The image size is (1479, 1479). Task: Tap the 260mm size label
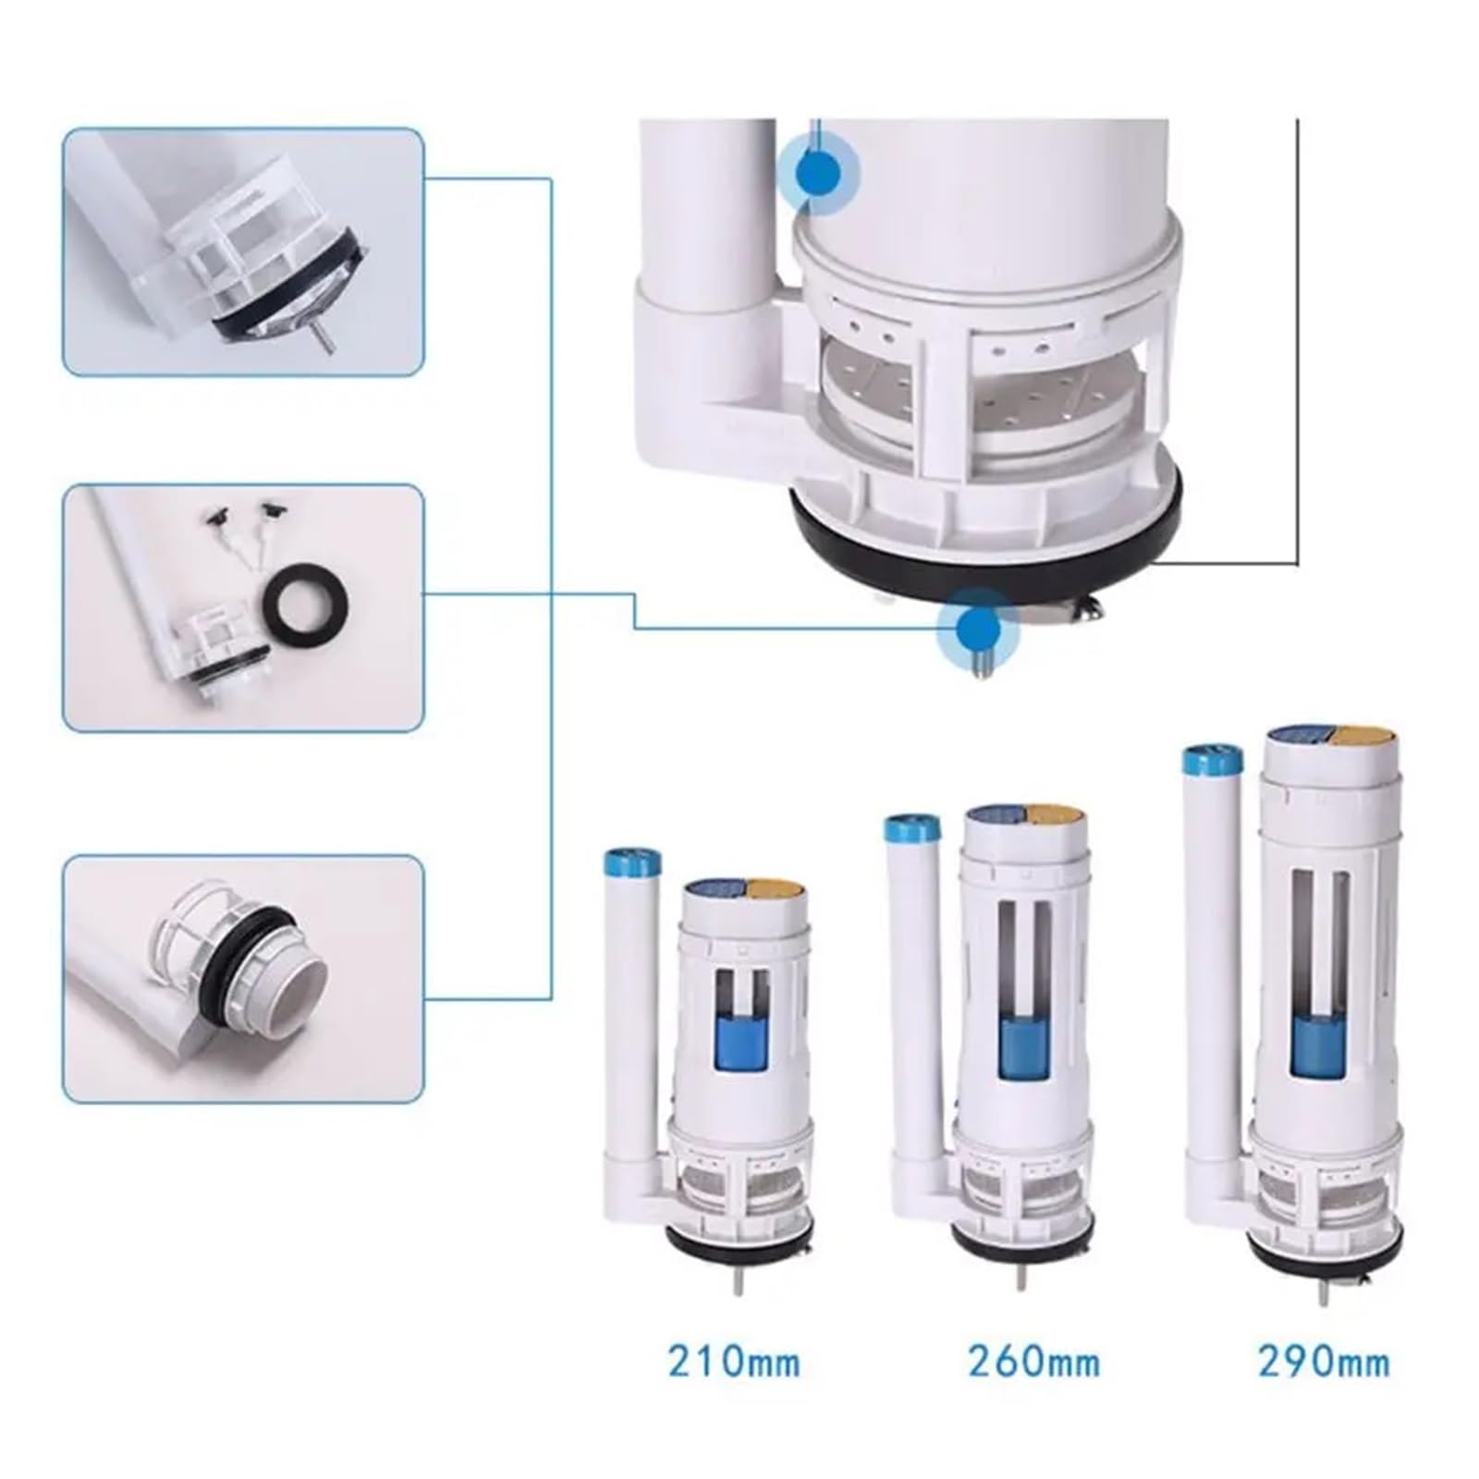click(x=1033, y=1362)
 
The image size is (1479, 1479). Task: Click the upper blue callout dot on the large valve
click(x=818, y=172)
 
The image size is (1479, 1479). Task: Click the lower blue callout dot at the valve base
click(x=977, y=630)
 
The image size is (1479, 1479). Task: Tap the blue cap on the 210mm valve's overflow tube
click(x=632, y=866)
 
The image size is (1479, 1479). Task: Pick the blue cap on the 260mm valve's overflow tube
click(x=911, y=826)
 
